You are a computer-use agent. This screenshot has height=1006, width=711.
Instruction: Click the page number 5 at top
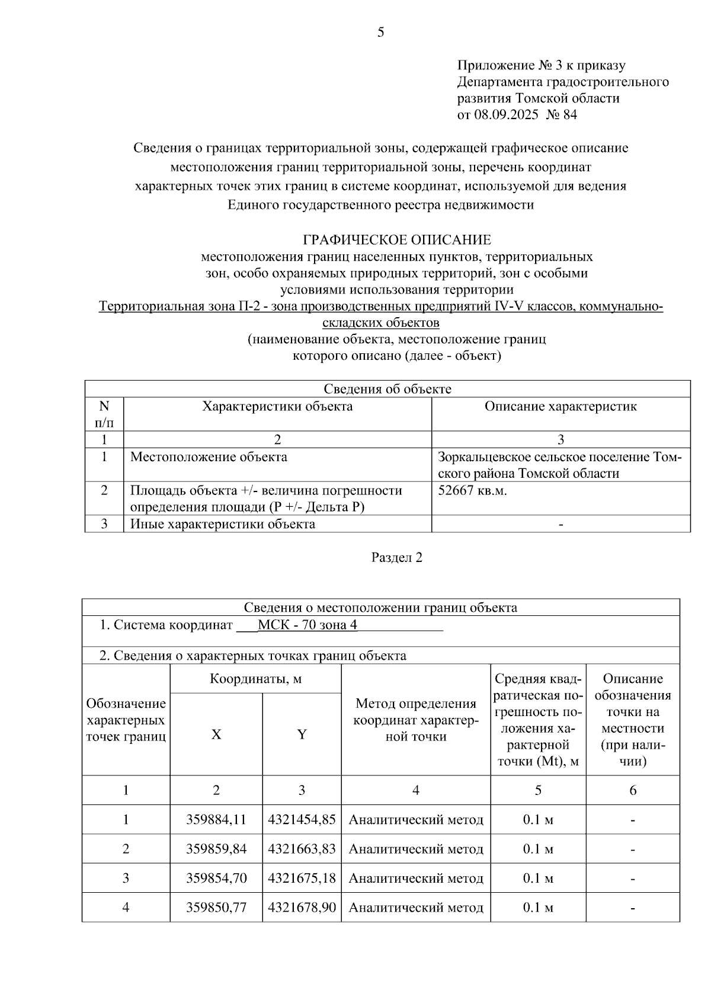point(380,33)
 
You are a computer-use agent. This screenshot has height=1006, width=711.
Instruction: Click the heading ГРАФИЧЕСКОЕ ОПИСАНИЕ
point(396,240)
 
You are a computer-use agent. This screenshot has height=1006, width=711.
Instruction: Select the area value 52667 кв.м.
point(472,491)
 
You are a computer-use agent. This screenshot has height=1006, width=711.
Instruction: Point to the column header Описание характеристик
point(561,407)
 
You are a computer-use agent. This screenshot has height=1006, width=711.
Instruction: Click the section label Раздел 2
point(396,557)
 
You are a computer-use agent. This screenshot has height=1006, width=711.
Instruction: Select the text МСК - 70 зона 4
point(307,625)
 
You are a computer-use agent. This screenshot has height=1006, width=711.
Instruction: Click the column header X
point(216,734)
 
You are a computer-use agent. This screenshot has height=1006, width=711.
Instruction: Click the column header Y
point(302,734)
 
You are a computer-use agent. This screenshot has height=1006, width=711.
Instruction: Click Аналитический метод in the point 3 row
point(416,878)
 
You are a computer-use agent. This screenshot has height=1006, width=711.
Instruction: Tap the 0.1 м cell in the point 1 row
point(538,820)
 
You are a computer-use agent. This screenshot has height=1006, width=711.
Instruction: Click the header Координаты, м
point(255,679)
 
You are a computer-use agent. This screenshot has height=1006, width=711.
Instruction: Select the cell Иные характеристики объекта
point(222,524)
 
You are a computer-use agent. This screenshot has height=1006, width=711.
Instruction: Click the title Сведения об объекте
point(387,389)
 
